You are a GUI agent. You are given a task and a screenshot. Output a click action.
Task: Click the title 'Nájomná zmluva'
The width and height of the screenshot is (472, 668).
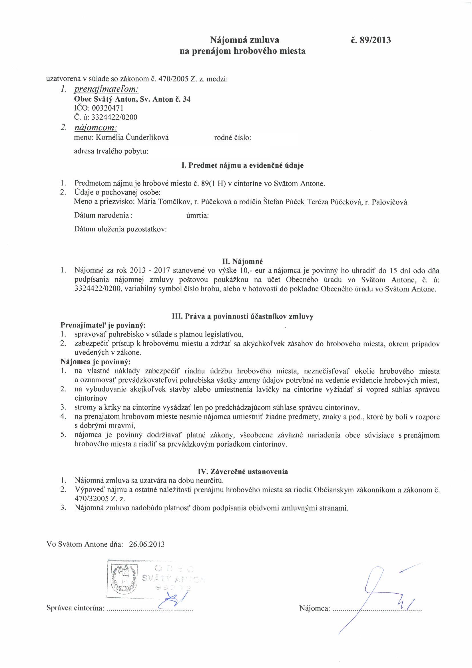point(245,39)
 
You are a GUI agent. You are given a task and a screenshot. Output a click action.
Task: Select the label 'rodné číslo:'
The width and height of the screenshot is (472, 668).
point(232,138)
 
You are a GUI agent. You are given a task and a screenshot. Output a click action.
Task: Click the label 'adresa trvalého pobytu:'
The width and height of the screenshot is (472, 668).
point(111,152)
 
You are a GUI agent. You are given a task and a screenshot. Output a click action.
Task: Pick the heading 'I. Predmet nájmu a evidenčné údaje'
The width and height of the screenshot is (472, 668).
point(242,165)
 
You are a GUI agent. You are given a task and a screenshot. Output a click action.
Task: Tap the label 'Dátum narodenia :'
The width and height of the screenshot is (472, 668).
point(103,215)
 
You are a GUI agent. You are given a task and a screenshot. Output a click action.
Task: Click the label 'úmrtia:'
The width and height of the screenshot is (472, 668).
point(197,216)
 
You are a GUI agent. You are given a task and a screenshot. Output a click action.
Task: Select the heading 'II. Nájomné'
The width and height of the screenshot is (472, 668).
point(242,261)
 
